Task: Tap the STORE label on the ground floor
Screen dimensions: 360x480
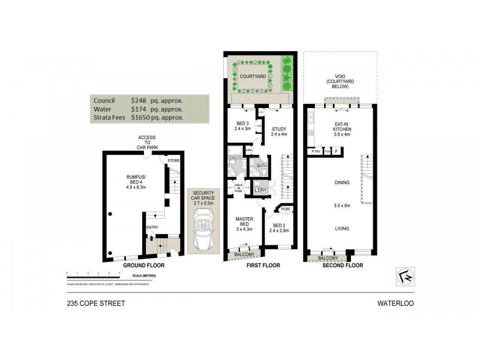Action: (x=174, y=160)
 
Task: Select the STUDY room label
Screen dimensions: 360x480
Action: (x=279, y=129)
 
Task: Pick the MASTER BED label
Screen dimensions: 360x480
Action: (x=244, y=223)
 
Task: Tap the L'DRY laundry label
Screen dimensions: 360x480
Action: (x=260, y=190)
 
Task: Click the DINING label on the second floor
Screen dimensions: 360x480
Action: (x=342, y=184)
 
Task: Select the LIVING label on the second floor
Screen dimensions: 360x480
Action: (x=342, y=229)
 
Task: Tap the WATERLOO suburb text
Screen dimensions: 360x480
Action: (x=395, y=303)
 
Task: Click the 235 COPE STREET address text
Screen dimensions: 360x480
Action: (x=96, y=303)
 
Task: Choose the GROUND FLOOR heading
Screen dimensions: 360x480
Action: (x=143, y=265)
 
